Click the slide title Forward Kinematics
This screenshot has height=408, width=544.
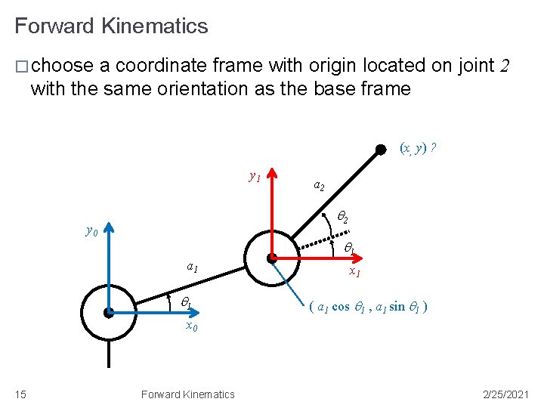111,26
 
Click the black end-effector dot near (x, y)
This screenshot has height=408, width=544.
380,151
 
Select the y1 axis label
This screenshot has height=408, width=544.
255,177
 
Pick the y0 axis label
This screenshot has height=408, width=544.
91,230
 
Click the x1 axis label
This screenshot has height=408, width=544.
354,272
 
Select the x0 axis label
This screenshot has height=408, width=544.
192,326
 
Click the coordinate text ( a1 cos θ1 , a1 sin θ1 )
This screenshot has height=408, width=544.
369,308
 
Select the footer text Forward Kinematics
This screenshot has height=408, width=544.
187,394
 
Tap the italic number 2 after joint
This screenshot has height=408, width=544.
505,66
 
